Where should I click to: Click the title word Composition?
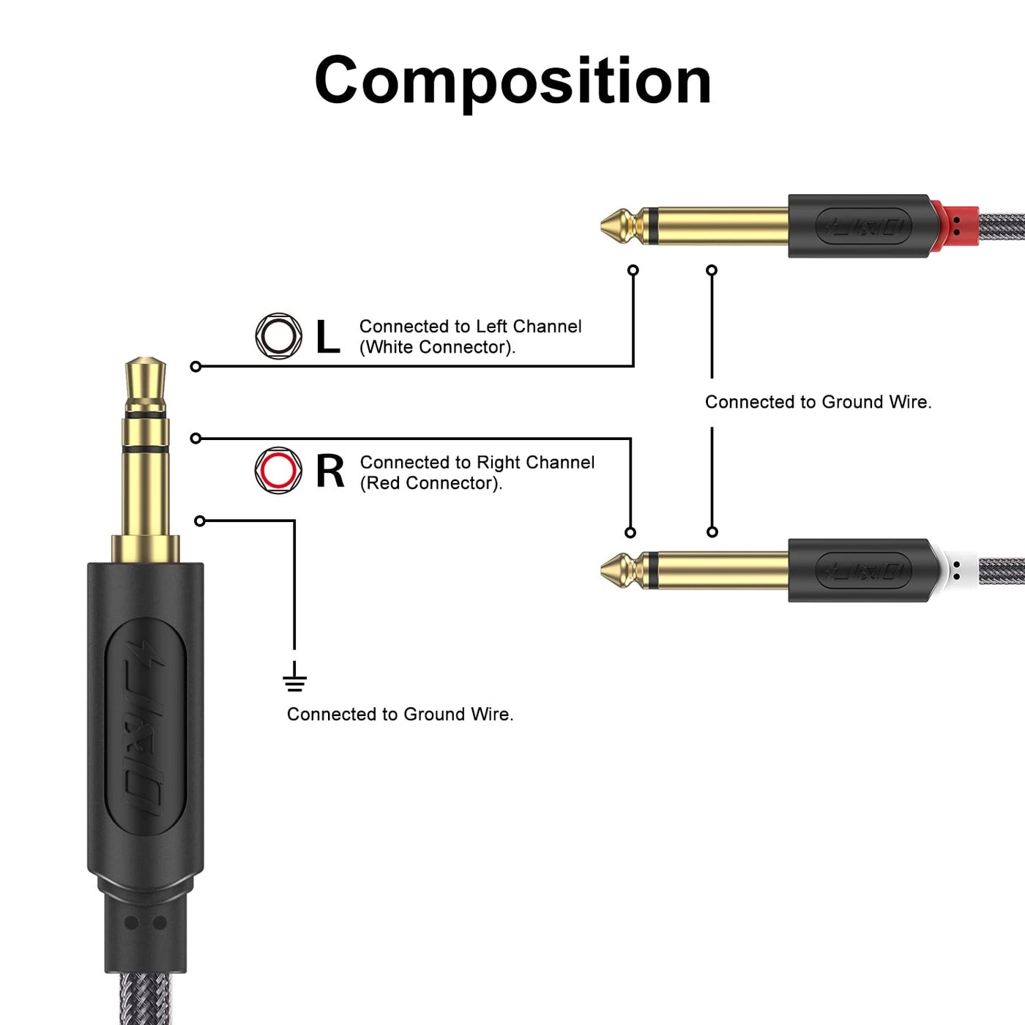(512, 81)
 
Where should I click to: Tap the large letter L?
(327, 337)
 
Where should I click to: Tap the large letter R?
(329, 471)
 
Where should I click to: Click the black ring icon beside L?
(278, 336)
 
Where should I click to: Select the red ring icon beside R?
(278, 470)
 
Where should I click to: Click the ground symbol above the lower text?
(294, 679)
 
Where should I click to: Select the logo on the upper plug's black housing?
(864, 226)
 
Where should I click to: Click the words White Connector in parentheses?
(437, 347)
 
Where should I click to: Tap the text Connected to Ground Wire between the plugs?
(818, 402)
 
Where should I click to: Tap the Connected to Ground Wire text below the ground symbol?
(400, 714)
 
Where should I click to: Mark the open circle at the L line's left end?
(195, 366)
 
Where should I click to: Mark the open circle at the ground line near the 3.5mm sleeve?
(200, 521)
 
